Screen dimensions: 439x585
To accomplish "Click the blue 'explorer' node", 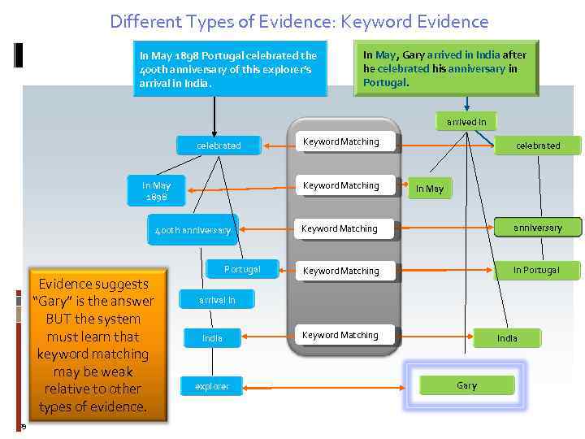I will [x=212, y=386].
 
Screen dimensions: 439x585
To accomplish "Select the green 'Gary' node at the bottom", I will [x=466, y=385].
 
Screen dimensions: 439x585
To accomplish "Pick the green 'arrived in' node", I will [x=466, y=122].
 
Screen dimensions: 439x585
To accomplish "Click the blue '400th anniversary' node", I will [x=193, y=230].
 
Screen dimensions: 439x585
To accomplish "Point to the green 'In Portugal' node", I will [x=537, y=270].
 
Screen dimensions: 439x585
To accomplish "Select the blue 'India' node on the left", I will [x=212, y=337].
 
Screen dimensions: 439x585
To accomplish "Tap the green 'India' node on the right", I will [x=507, y=337].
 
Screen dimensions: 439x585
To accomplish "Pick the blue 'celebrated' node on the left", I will [x=219, y=146].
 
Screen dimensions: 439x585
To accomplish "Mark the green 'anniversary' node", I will [x=538, y=228].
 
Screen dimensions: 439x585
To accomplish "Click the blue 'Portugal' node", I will [x=242, y=269].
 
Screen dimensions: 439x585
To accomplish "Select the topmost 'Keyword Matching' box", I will [x=341, y=142].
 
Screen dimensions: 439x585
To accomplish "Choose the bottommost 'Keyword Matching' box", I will [x=340, y=335].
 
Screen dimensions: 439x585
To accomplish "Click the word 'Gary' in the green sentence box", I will [x=414, y=55].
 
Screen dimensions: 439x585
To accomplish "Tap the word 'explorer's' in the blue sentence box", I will [x=290, y=69].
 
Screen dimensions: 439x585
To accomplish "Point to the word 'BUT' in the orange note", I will [x=59, y=319].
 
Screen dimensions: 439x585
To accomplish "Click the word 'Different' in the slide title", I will [x=144, y=21].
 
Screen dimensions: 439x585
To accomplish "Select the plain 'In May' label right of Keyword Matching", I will [x=430, y=189].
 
